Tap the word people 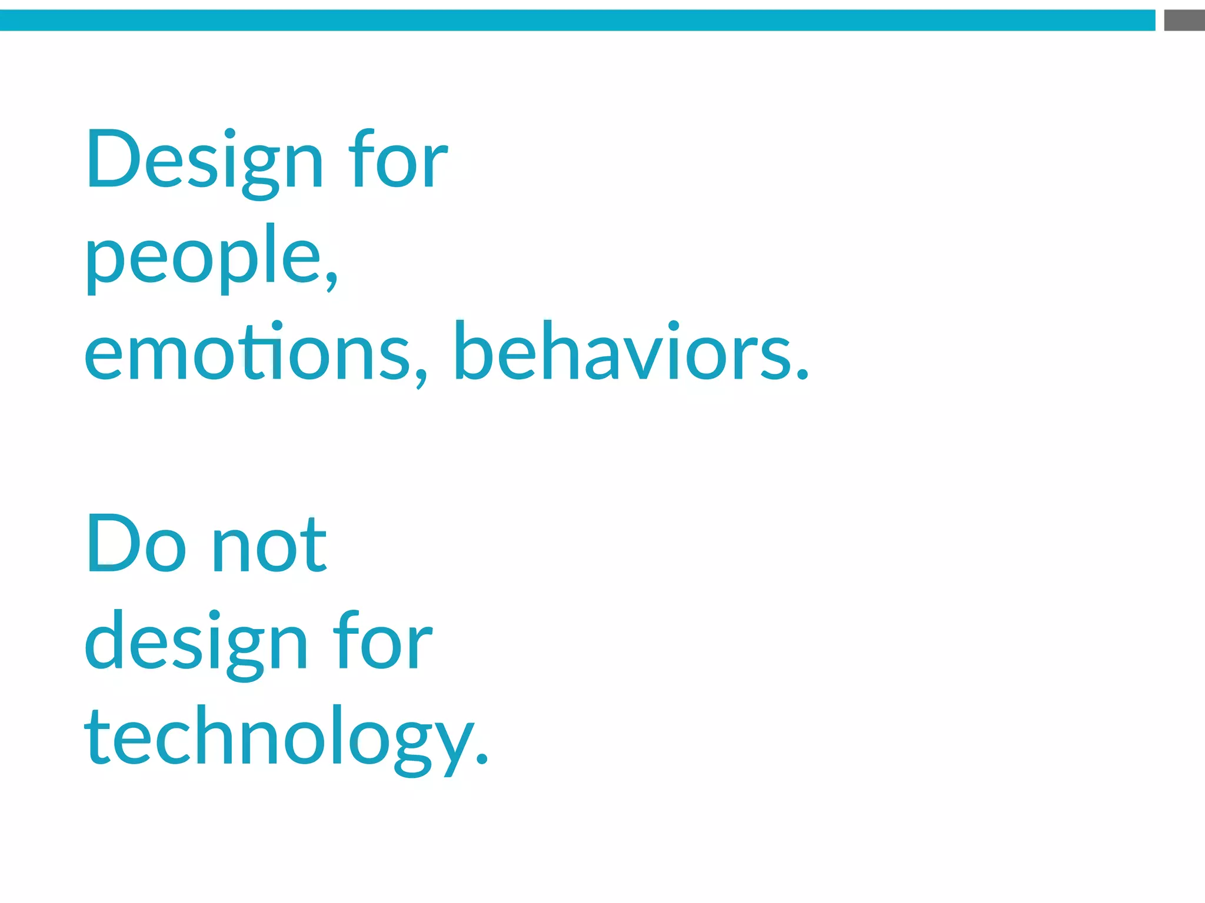point(203,259)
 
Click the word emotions point(247,353)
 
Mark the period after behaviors point(803,373)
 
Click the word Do point(137,544)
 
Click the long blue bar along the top point(577,20)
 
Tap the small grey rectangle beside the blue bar point(1184,20)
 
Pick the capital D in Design point(113,159)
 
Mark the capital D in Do point(113,544)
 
